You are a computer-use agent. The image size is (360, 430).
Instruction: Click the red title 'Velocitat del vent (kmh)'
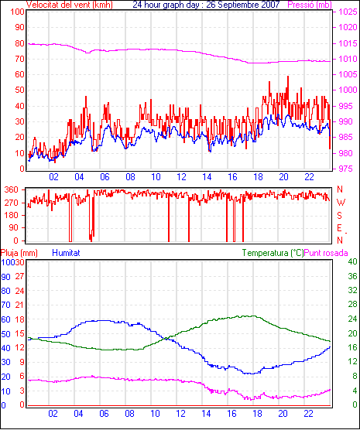pos(70,5)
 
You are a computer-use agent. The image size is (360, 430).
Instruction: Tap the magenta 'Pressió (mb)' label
pos(310,5)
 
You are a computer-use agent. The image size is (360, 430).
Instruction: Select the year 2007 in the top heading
pos(270,5)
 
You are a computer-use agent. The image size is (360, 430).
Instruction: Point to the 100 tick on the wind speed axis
pos(17,12)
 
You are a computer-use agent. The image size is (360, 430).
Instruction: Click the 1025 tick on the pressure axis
pos(348,12)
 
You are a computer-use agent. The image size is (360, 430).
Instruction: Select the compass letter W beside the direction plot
pos(341,203)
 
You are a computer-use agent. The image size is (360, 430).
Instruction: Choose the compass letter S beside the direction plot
pos(339,216)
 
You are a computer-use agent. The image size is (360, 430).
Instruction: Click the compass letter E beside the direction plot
pos(339,228)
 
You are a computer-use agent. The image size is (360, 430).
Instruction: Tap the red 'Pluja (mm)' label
pos(19,253)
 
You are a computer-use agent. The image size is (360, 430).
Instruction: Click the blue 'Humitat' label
pos(66,253)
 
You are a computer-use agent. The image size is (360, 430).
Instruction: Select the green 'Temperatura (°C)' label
pos(273,253)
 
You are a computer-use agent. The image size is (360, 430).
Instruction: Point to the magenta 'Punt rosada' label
pos(326,253)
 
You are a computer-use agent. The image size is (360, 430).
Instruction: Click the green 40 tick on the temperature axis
pos(352,261)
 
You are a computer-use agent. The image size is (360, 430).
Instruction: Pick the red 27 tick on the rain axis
pos(20,276)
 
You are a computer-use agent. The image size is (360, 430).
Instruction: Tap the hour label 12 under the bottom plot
pos(180,413)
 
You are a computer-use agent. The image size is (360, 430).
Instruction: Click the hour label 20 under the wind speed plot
pos(283,177)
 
